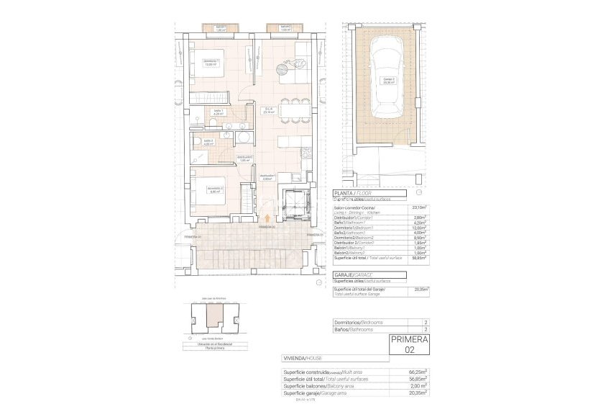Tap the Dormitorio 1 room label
(x=210, y=62)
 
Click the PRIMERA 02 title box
(x=409, y=344)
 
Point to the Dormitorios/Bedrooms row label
(x=359, y=322)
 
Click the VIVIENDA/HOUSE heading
(x=302, y=358)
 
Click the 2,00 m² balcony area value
(x=418, y=386)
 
